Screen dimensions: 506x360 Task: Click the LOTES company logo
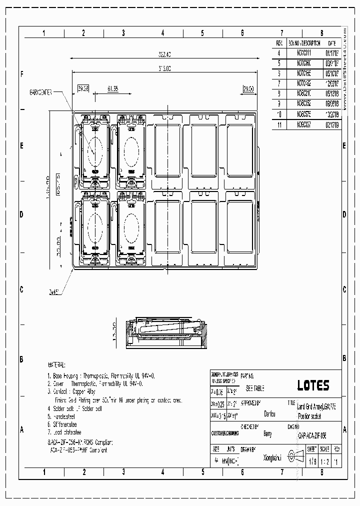[313, 385]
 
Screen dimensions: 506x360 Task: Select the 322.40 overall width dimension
[164, 54]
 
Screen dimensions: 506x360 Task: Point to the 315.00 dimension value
[164, 69]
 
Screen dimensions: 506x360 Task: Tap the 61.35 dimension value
[113, 88]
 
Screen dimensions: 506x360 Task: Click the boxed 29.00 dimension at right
[248, 88]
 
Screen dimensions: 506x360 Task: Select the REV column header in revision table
[280, 43]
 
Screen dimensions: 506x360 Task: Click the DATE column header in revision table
[332, 43]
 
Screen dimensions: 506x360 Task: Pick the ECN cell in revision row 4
[303, 53]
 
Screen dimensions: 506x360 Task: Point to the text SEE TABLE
[255, 388]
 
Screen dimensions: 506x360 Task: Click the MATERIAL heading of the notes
[60, 365]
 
